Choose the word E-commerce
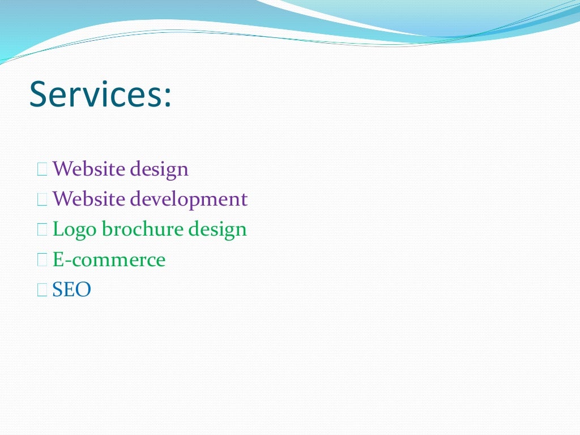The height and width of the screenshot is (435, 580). (x=109, y=260)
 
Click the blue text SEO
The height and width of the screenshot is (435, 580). (x=71, y=290)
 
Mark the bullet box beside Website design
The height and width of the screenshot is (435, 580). (x=42, y=169)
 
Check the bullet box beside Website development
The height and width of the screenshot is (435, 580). (x=42, y=199)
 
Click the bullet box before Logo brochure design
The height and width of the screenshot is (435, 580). (x=42, y=229)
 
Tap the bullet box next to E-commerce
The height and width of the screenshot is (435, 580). (x=42, y=260)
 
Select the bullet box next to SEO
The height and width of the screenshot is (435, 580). (x=42, y=290)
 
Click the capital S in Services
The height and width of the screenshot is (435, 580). (x=39, y=94)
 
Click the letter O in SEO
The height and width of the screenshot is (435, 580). (x=83, y=290)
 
